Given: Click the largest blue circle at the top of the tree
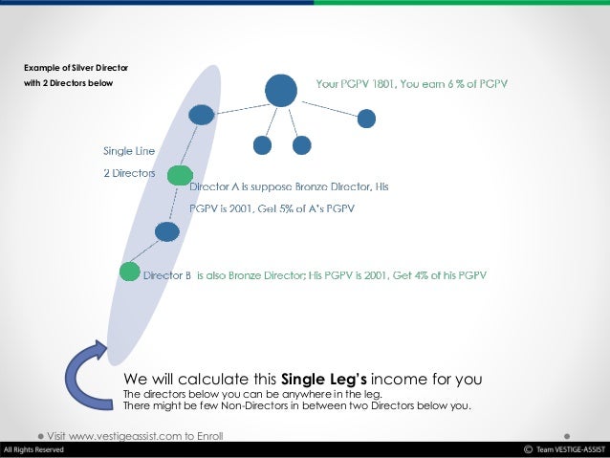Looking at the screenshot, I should click(x=280, y=89).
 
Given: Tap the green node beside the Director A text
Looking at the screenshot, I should click(x=179, y=175).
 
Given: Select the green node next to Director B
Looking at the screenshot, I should click(x=129, y=271).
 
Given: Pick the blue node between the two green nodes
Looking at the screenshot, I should click(x=166, y=231).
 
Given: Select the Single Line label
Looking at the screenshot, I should click(x=129, y=150).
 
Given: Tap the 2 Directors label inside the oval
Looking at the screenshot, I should click(x=129, y=173).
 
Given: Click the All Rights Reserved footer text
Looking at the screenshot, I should click(x=34, y=450).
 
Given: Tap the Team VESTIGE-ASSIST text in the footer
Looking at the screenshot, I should click(x=570, y=450).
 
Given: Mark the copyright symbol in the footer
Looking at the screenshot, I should click(x=527, y=450).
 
